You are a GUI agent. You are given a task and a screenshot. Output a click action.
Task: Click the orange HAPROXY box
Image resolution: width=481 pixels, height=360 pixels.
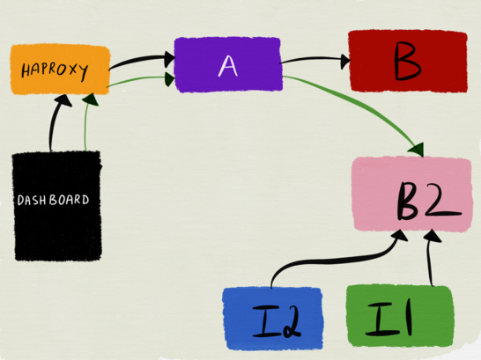(60, 70)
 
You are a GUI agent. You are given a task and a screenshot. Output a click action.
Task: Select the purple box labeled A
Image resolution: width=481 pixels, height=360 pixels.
(228, 64)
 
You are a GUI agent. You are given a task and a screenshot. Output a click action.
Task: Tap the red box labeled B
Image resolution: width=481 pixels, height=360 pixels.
(408, 61)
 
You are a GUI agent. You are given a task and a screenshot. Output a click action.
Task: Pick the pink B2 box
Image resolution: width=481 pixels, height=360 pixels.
(412, 195)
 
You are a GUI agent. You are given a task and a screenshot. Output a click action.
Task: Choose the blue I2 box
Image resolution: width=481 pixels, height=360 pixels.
(273, 319)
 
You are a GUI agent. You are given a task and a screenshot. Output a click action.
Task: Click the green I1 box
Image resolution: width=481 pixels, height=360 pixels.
(400, 316)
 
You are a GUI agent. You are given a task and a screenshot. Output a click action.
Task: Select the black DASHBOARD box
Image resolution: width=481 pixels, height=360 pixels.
(57, 206)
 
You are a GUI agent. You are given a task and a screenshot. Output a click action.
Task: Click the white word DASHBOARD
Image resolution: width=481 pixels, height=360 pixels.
(54, 200)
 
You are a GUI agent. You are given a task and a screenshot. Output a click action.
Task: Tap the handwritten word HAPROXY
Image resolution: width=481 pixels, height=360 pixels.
(55, 70)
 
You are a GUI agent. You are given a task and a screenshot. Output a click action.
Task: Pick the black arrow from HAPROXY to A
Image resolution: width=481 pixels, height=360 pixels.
(141, 60)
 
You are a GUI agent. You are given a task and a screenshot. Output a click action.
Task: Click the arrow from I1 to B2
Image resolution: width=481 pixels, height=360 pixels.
(430, 257)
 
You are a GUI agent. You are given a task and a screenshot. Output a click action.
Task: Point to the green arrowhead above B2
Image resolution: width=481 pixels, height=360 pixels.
(417, 150)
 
